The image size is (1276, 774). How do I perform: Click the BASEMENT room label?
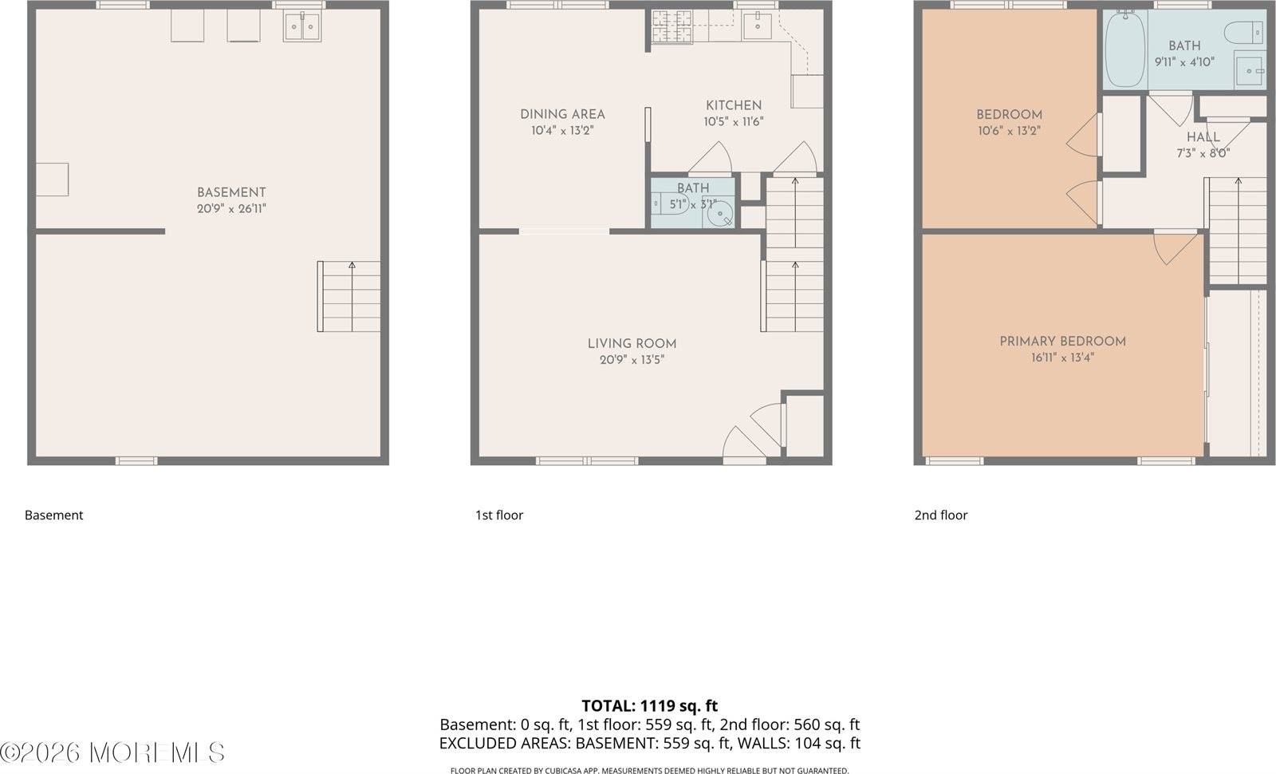[x=231, y=192]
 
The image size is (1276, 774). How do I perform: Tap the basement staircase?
[x=349, y=297]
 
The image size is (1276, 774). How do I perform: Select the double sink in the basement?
[x=302, y=27]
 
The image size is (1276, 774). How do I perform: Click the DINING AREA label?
[x=562, y=114]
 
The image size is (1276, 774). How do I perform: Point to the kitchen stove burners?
[x=664, y=27]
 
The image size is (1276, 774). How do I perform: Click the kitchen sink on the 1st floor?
[x=755, y=26]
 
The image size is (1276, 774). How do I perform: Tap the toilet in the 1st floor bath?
[x=666, y=205]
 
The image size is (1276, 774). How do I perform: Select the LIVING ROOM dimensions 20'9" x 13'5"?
[x=632, y=360]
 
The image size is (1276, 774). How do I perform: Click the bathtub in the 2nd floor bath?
[x=1125, y=49]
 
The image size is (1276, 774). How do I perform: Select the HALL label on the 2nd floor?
[x=1203, y=137]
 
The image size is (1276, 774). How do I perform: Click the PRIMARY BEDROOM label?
[x=1062, y=342]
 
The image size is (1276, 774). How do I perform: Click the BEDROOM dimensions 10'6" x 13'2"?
[x=1009, y=131]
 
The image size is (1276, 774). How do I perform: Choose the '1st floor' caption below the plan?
[x=499, y=515]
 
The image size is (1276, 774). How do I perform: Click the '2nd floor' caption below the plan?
[x=941, y=515]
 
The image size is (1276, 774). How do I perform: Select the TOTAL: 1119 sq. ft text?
[x=649, y=705]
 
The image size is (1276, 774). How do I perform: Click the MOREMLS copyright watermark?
[x=112, y=752]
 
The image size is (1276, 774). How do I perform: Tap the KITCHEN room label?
[x=734, y=105]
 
